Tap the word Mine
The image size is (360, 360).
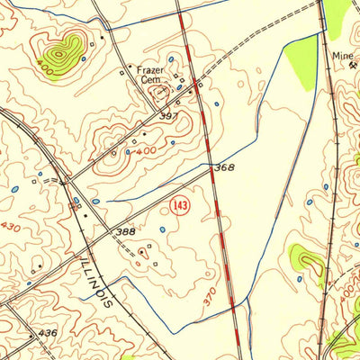(342, 54)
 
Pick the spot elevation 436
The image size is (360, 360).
(47, 333)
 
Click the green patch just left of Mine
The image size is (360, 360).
(302, 63)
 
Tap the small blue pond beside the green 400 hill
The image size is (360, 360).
(84, 59)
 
